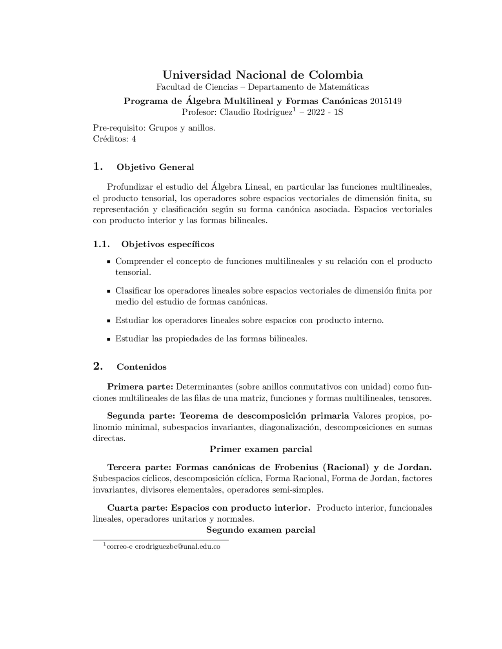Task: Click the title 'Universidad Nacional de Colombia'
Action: [x=262, y=75]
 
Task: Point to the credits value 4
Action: [x=134, y=139]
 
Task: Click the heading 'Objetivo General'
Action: [x=155, y=167]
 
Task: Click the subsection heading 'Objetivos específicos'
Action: [x=167, y=245]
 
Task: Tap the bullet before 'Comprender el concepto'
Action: [x=109, y=262]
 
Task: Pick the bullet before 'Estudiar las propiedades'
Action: [x=109, y=339]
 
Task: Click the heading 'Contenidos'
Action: [x=142, y=367]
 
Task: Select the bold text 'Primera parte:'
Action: [x=140, y=387]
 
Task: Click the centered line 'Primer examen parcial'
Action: [x=261, y=449]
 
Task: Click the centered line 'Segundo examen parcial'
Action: [x=261, y=530]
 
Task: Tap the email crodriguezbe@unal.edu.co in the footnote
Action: [x=177, y=547]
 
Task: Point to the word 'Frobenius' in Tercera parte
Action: [x=297, y=468]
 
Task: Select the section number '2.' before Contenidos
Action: [x=98, y=367]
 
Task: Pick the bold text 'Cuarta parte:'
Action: [x=138, y=508]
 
